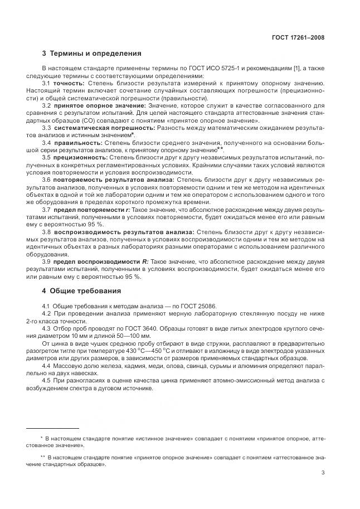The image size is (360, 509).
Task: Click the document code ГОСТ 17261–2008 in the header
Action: (298, 37)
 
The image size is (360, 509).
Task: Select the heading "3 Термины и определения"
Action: (91, 54)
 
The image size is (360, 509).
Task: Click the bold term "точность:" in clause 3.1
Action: (69, 83)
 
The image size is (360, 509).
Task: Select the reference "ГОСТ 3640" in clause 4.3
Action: (129, 329)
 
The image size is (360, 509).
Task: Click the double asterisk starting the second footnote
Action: (42, 456)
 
